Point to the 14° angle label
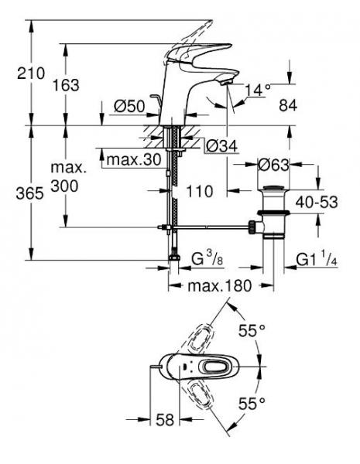257,89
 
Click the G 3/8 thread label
207,255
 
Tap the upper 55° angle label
252,330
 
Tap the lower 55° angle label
252,403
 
